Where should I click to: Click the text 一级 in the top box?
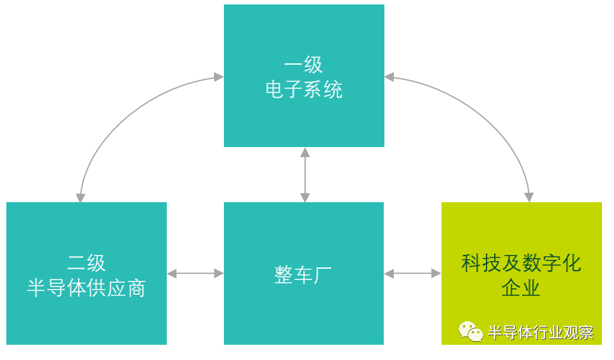(x=304, y=65)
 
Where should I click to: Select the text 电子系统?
(x=304, y=89)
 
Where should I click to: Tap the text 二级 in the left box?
(x=86, y=263)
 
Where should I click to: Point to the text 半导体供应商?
(x=86, y=288)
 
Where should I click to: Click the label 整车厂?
(x=303, y=275)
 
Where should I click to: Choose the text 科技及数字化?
(x=521, y=263)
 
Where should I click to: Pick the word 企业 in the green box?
(x=521, y=288)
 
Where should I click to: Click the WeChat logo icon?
(x=471, y=331)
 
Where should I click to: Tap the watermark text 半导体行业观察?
(x=540, y=332)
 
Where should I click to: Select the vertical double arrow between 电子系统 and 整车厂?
(x=304, y=174)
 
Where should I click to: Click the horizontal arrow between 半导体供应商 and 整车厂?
(x=195, y=273)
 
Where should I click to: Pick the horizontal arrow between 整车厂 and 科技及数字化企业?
(x=412, y=273)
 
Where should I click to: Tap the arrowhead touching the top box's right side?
(x=389, y=77)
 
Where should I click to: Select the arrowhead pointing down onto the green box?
(x=529, y=196)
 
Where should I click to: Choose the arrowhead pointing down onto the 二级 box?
(x=81, y=196)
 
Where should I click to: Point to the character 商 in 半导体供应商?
(x=136, y=288)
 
